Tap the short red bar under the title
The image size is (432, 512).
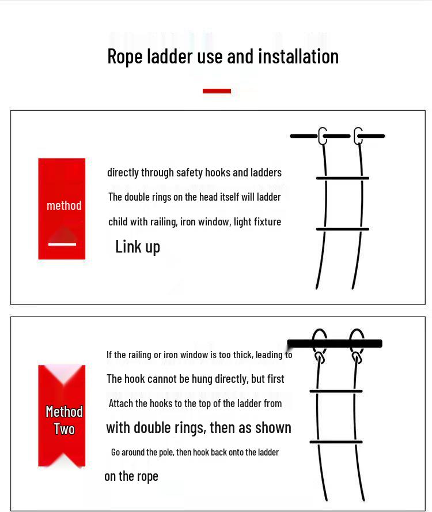pos(217,91)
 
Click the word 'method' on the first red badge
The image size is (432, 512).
pos(64,206)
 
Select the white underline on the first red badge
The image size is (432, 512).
pos(62,244)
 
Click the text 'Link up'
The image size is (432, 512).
pos(138,247)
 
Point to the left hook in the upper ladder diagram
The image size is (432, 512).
pos(323,136)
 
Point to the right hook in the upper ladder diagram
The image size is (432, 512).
pos(358,136)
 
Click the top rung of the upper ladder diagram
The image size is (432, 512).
pos(342,178)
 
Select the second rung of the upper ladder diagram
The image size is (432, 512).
pos(342,229)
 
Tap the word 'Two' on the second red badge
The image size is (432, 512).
pos(64,430)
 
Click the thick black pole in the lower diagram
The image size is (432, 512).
pos(335,344)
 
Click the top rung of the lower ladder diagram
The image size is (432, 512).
pos(336,391)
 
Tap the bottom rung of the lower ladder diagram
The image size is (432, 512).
pos(336,442)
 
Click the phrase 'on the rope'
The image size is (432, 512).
pos(131,476)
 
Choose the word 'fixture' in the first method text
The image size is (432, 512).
pos(267,222)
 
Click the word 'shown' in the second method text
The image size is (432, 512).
pos(274,428)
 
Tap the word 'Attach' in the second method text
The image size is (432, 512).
pos(121,404)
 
